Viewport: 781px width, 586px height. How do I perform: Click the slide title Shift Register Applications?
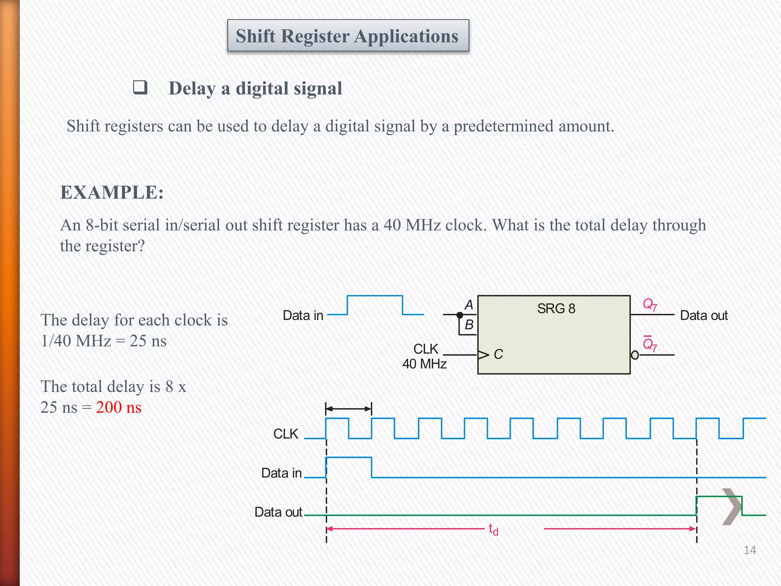pyautogui.click(x=347, y=36)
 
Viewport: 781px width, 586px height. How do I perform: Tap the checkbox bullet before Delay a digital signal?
pyautogui.click(x=140, y=87)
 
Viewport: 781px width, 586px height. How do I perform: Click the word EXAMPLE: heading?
pyautogui.click(x=112, y=192)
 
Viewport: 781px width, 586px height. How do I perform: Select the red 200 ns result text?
pyautogui.click(x=119, y=407)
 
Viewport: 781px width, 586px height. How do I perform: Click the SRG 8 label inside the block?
pyautogui.click(x=556, y=308)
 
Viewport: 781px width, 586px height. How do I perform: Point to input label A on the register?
pyautogui.click(x=469, y=305)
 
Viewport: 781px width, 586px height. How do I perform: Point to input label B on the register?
pyautogui.click(x=469, y=325)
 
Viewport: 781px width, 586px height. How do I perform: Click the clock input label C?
pyautogui.click(x=498, y=354)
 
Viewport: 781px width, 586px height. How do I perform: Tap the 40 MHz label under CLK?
pyautogui.click(x=424, y=364)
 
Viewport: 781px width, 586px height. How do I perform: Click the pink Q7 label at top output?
pyautogui.click(x=649, y=304)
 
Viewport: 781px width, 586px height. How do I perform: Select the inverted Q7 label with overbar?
pyautogui.click(x=649, y=345)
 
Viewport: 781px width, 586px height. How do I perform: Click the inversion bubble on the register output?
pyautogui.click(x=635, y=355)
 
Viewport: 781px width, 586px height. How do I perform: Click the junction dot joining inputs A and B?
pyautogui.click(x=460, y=315)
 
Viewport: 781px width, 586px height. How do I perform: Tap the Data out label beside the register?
pyautogui.click(x=704, y=316)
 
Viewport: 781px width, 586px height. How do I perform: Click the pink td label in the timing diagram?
pyautogui.click(x=493, y=530)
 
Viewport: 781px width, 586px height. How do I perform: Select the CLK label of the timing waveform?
pyautogui.click(x=286, y=434)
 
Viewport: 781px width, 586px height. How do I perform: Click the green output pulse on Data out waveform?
pyautogui.click(x=719, y=497)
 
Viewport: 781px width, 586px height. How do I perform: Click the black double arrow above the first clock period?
pyautogui.click(x=348, y=409)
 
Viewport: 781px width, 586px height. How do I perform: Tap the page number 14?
pyautogui.click(x=749, y=550)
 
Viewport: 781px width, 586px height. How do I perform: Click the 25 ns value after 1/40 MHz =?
pyautogui.click(x=148, y=341)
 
